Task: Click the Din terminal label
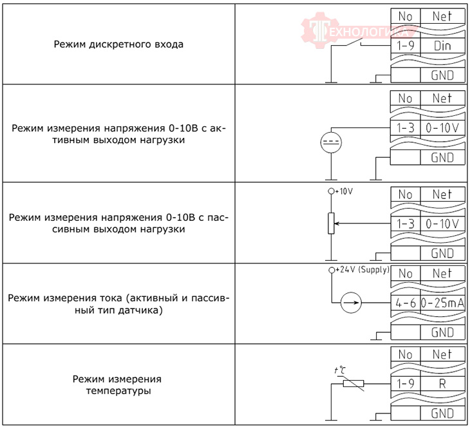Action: (442, 46)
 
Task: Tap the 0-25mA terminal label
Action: (442, 302)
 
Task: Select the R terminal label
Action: (442, 384)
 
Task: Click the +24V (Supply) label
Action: (363, 269)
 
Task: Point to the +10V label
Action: (345, 191)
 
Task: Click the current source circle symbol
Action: (350, 302)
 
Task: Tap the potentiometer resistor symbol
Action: (331, 223)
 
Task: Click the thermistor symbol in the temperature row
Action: (353, 384)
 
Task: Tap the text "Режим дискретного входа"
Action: (119, 45)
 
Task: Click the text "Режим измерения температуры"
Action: (117, 384)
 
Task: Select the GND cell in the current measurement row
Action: (442, 332)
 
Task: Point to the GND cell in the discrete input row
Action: (442, 75)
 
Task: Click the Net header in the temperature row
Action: (442, 354)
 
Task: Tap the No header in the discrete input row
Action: (405, 17)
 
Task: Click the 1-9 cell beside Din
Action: (405, 46)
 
